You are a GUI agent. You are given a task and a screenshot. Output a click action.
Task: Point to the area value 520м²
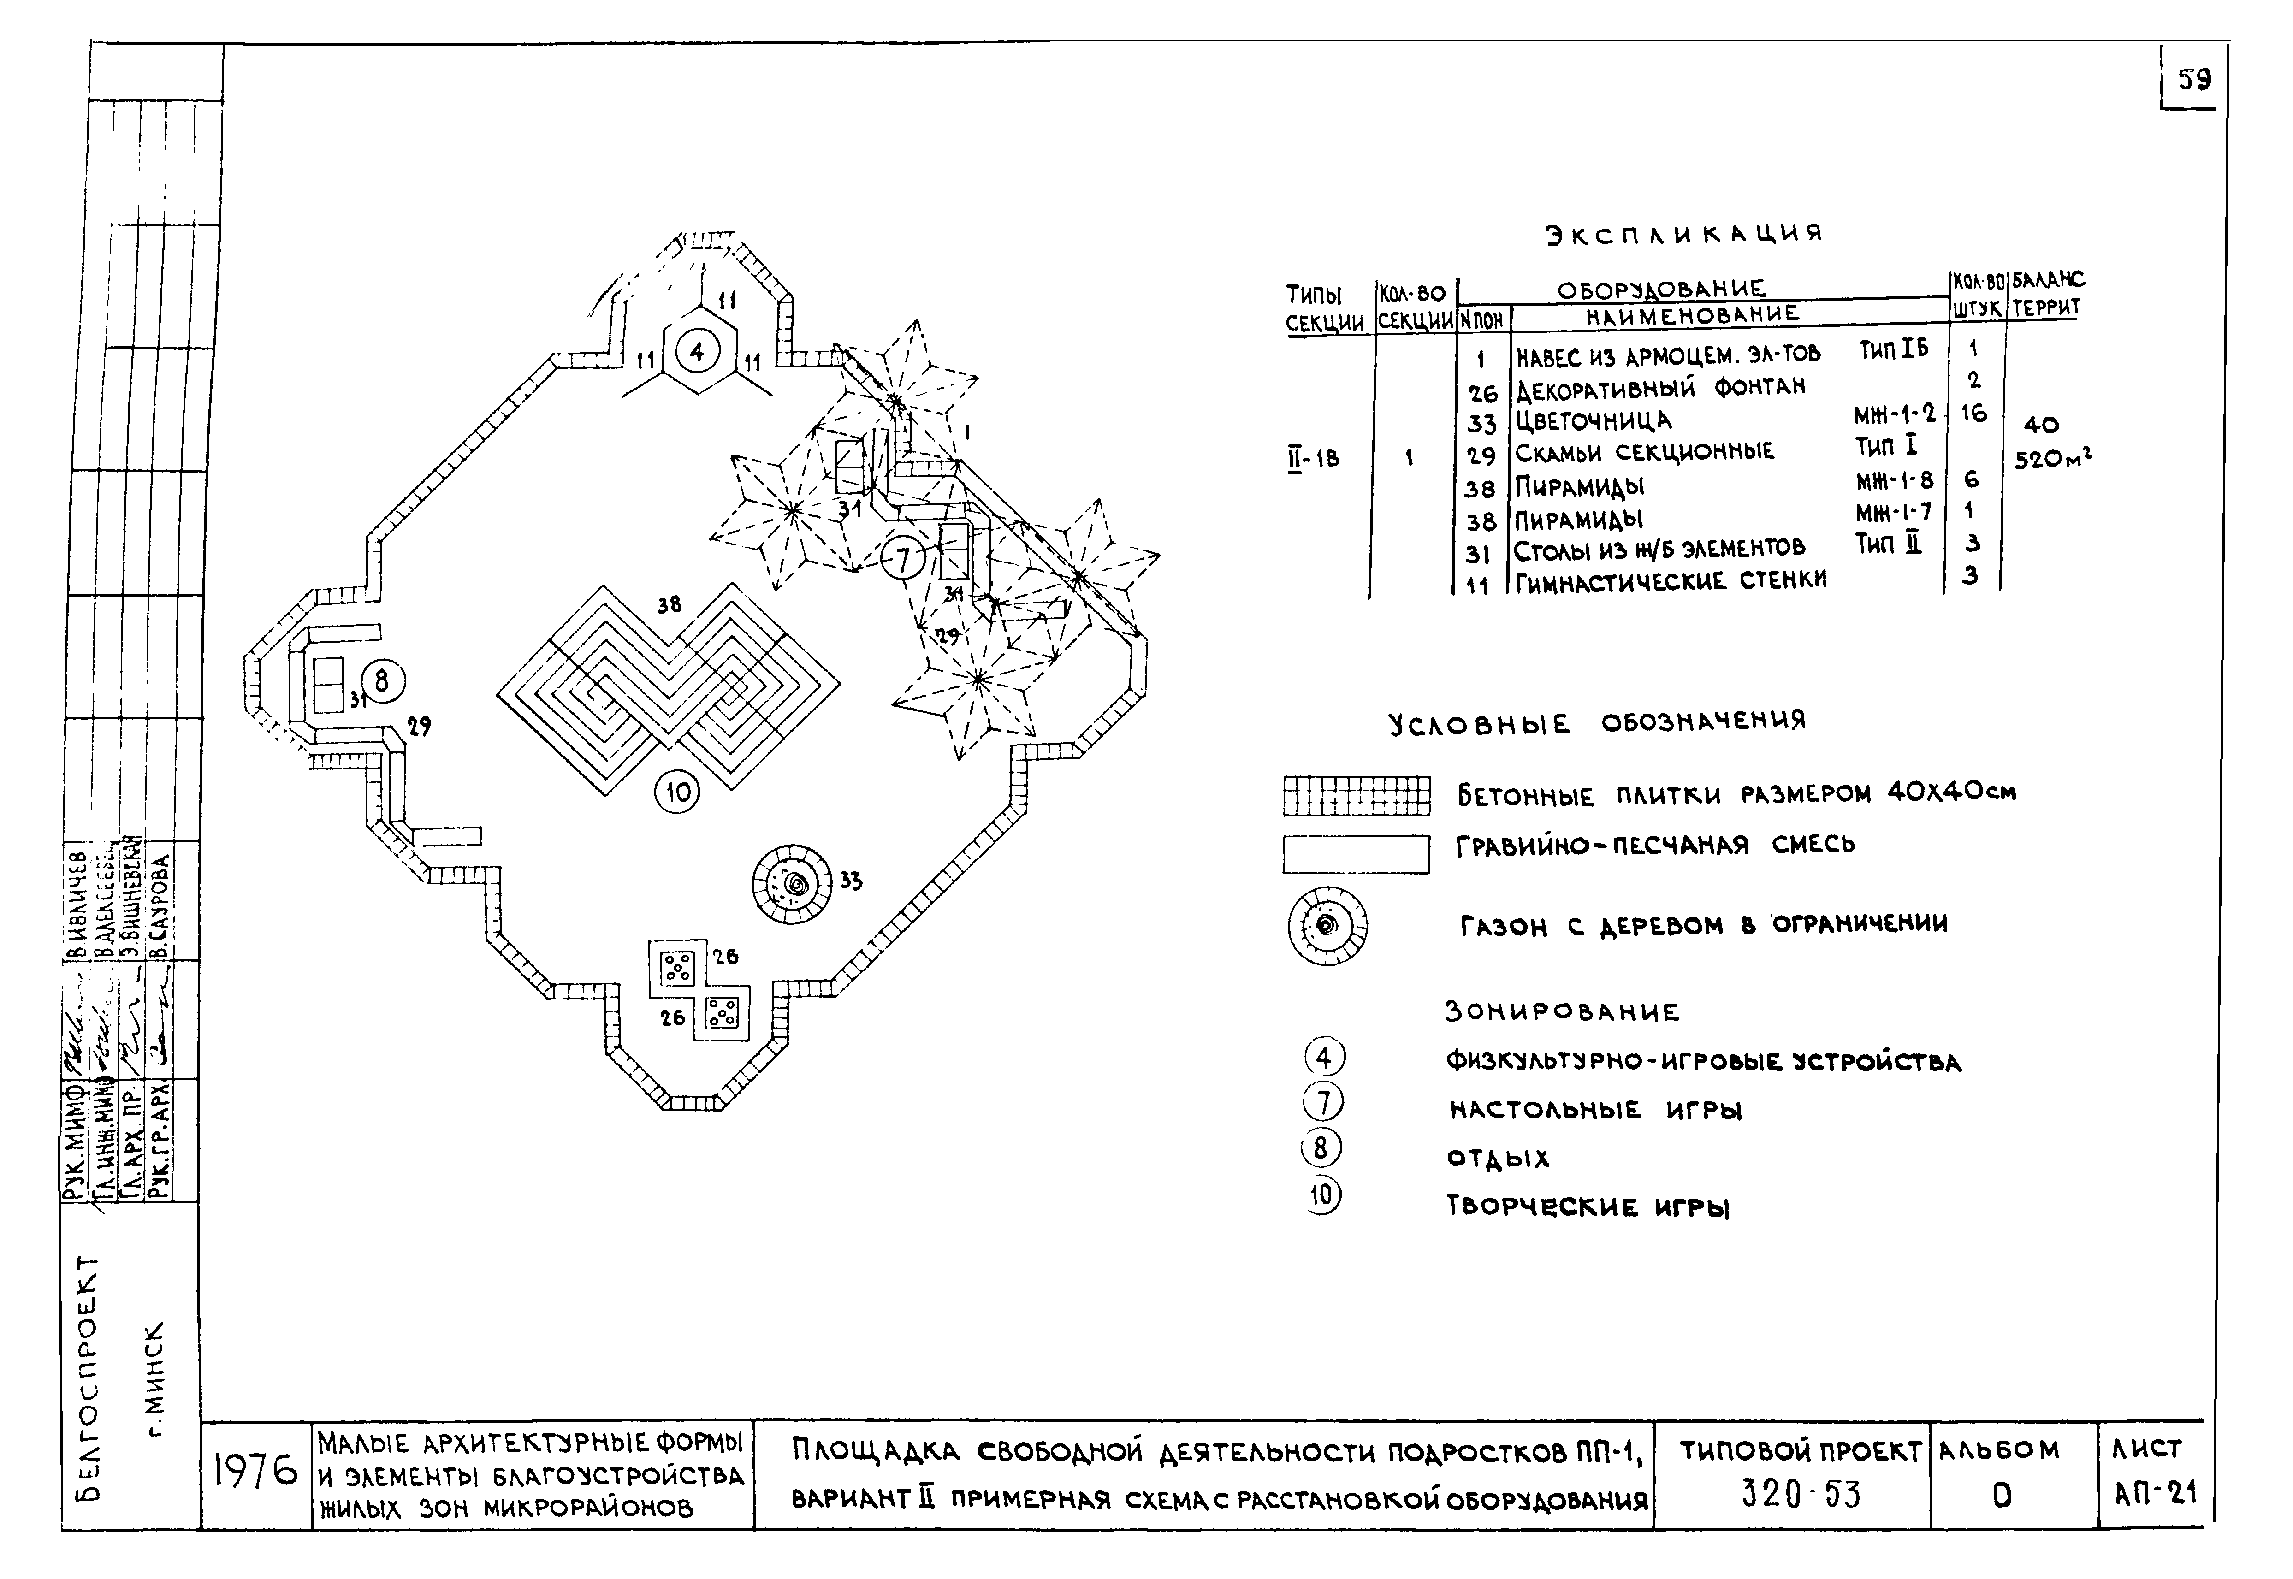click(x=2053, y=459)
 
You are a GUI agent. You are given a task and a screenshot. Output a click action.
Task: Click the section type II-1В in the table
click(x=1313, y=458)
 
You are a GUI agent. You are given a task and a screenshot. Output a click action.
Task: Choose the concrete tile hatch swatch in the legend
click(x=1356, y=795)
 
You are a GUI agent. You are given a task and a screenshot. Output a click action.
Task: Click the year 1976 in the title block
click(x=255, y=1473)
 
